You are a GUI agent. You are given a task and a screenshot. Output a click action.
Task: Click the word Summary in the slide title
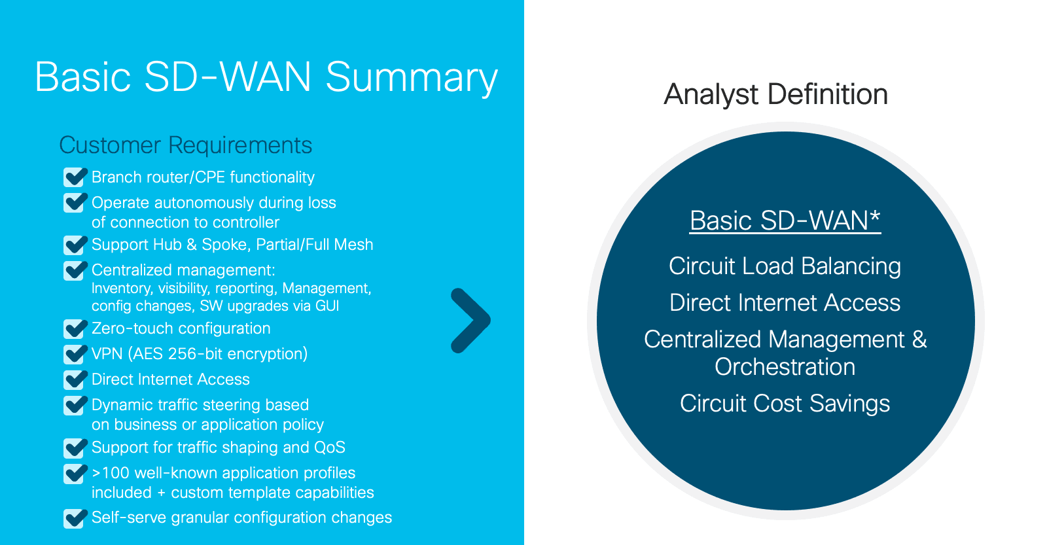click(412, 78)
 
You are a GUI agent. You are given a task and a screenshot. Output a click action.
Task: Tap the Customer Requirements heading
click(186, 145)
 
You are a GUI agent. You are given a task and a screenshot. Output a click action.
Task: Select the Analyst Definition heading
click(775, 94)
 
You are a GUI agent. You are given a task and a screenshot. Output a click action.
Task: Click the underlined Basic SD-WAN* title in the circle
click(785, 220)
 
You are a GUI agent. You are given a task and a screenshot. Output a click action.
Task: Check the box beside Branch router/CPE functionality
click(75, 177)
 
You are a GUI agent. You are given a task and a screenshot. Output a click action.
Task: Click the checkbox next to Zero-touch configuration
click(75, 328)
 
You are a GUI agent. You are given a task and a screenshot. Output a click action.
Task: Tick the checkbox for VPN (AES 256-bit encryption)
click(75, 354)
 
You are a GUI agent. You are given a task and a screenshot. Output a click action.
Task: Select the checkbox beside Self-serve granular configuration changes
click(75, 518)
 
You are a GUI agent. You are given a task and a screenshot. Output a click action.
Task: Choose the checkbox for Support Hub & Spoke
click(75, 245)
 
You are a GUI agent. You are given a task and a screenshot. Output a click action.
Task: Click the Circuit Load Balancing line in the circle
click(785, 266)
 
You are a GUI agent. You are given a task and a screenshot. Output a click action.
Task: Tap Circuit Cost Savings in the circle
click(785, 404)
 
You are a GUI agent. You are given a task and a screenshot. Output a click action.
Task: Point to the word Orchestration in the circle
click(785, 366)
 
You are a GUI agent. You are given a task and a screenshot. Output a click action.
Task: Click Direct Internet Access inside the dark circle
click(785, 302)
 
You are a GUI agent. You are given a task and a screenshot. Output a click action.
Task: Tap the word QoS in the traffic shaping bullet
click(330, 448)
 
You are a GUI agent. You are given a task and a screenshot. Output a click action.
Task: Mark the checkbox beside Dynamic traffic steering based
click(75, 405)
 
